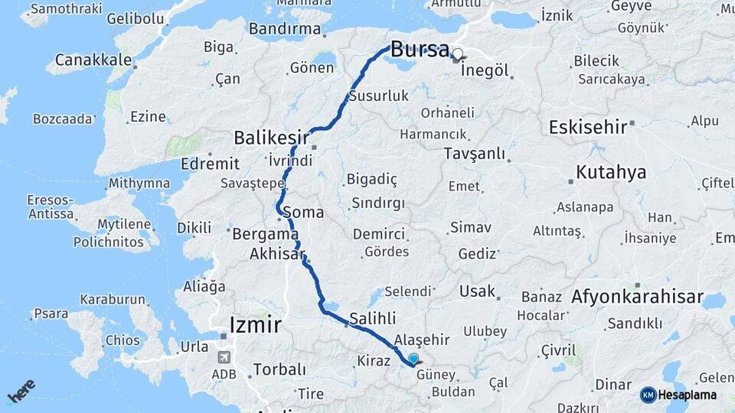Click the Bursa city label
[x=420, y=50]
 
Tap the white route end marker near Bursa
[x=458, y=54]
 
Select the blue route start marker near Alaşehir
[x=414, y=359]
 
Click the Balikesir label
[x=271, y=138]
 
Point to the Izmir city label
[x=255, y=325]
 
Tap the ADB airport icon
[x=224, y=357]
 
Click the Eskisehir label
[x=588, y=127]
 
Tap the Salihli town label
[x=372, y=317]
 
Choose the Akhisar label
[x=277, y=253]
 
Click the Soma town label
[x=302, y=212]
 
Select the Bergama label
[x=265, y=233]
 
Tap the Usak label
[x=477, y=291]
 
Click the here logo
[x=22, y=392]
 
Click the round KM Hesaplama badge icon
[x=648, y=395]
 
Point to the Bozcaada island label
[x=62, y=119]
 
